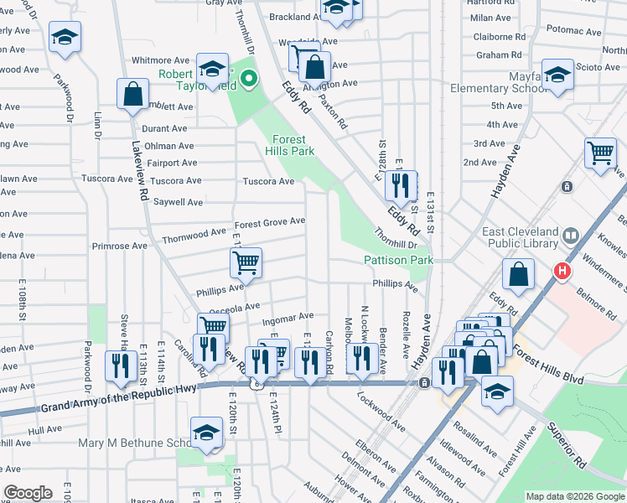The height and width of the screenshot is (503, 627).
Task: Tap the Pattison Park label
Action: click(x=397, y=261)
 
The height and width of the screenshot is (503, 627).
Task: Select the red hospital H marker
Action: click(x=562, y=272)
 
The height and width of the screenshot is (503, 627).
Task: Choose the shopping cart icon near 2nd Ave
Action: click(x=600, y=153)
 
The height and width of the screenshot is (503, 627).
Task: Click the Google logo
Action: click(x=28, y=493)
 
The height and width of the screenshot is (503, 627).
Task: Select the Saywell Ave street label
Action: click(x=177, y=202)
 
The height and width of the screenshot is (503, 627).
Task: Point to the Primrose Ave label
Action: click(x=119, y=246)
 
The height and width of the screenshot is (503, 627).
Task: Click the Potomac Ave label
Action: click(x=574, y=31)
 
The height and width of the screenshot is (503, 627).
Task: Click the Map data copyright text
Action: click(x=574, y=496)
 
